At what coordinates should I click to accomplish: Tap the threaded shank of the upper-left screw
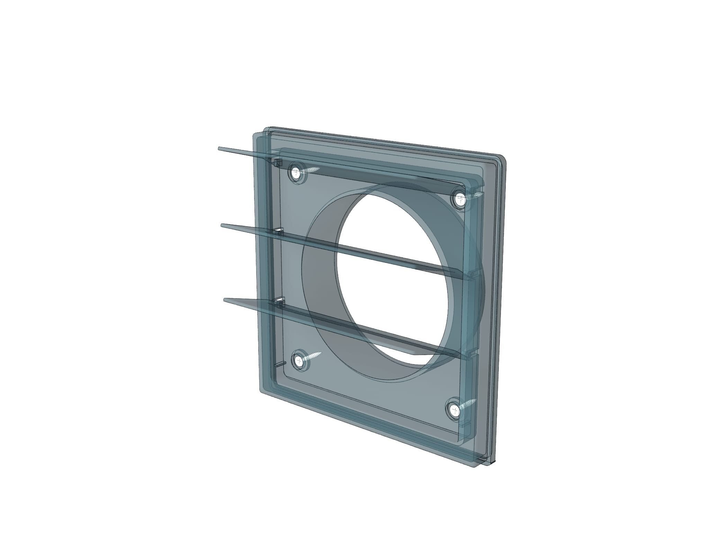coord(312,170)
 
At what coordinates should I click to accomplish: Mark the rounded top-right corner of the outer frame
coord(503,158)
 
